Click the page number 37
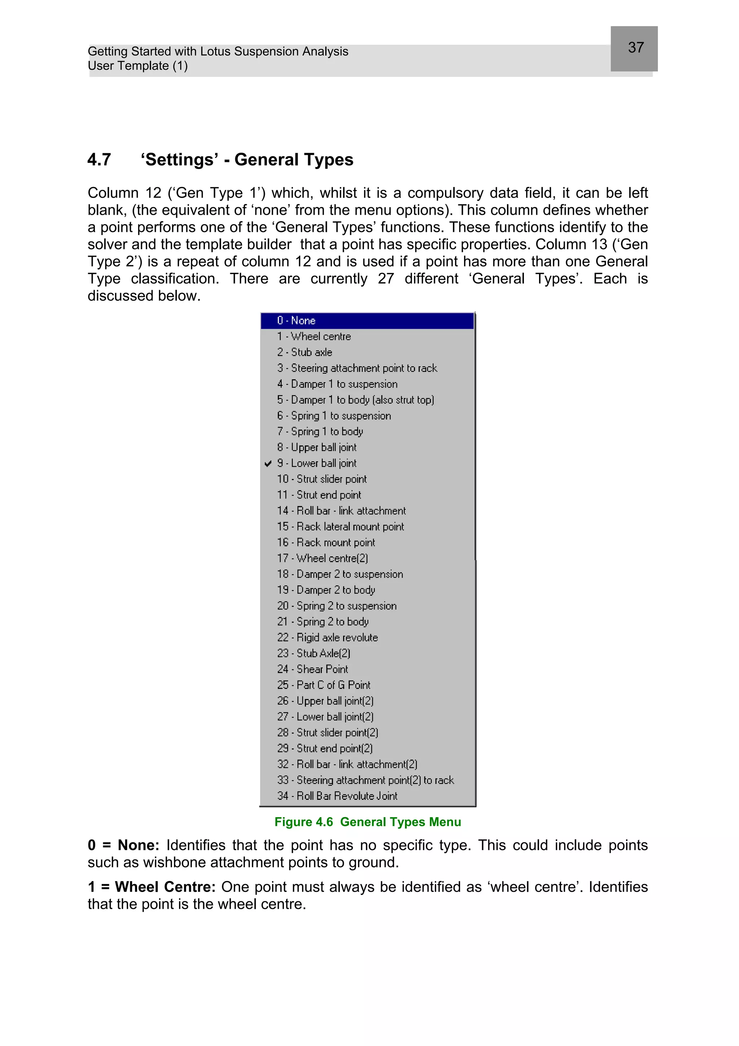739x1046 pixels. [x=636, y=47]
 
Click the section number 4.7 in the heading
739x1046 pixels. [x=99, y=160]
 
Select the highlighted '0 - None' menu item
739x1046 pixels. [x=296, y=321]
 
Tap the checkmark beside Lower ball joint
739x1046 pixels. [x=268, y=464]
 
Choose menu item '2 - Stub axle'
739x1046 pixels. [x=305, y=352]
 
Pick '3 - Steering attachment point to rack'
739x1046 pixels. [x=357, y=368]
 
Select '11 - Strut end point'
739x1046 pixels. [x=319, y=495]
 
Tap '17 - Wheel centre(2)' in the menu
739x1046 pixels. [x=322, y=558]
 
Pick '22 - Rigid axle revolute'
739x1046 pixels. [x=327, y=638]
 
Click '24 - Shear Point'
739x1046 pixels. [x=312, y=669]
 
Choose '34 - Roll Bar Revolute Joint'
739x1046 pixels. [x=337, y=796]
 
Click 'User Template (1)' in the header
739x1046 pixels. [x=137, y=66]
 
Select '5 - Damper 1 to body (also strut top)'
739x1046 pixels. [x=356, y=400]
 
